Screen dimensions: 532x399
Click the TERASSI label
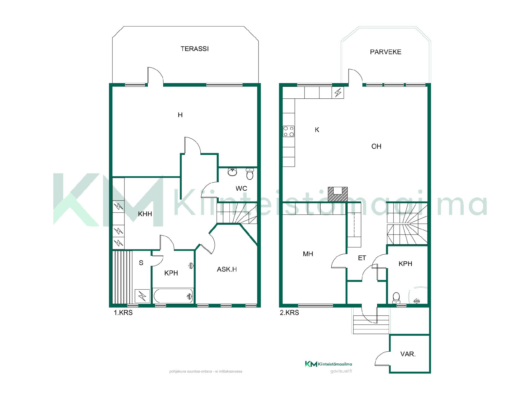click(x=195, y=49)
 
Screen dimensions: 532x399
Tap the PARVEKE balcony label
click(x=386, y=52)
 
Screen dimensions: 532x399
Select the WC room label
click(x=241, y=188)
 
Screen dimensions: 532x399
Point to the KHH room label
click(x=145, y=214)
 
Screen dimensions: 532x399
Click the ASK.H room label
click(x=227, y=269)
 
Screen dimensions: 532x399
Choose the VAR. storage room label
click(x=408, y=354)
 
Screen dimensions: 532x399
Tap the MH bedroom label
click(x=308, y=254)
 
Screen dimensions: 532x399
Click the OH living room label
click(x=376, y=146)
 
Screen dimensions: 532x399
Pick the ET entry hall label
click(x=362, y=258)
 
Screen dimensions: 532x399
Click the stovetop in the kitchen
click(x=288, y=131)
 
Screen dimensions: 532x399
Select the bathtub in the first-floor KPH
click(x=173, y=296)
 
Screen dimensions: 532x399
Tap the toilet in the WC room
click(x=250, y=174)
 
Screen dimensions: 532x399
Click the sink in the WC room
click(x=232, y=172)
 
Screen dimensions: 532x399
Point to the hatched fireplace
click(x=337, y=194)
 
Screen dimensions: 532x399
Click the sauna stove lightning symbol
click(x=142, y=296)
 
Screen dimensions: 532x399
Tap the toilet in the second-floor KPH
click(x=396, y=298)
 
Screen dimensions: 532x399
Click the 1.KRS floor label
click(x=123, y=313)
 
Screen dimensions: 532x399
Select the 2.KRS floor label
click(x=289, y=313)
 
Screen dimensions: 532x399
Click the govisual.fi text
click(x=341, y=371)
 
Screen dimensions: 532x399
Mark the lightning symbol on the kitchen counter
click(x=338, y=92)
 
